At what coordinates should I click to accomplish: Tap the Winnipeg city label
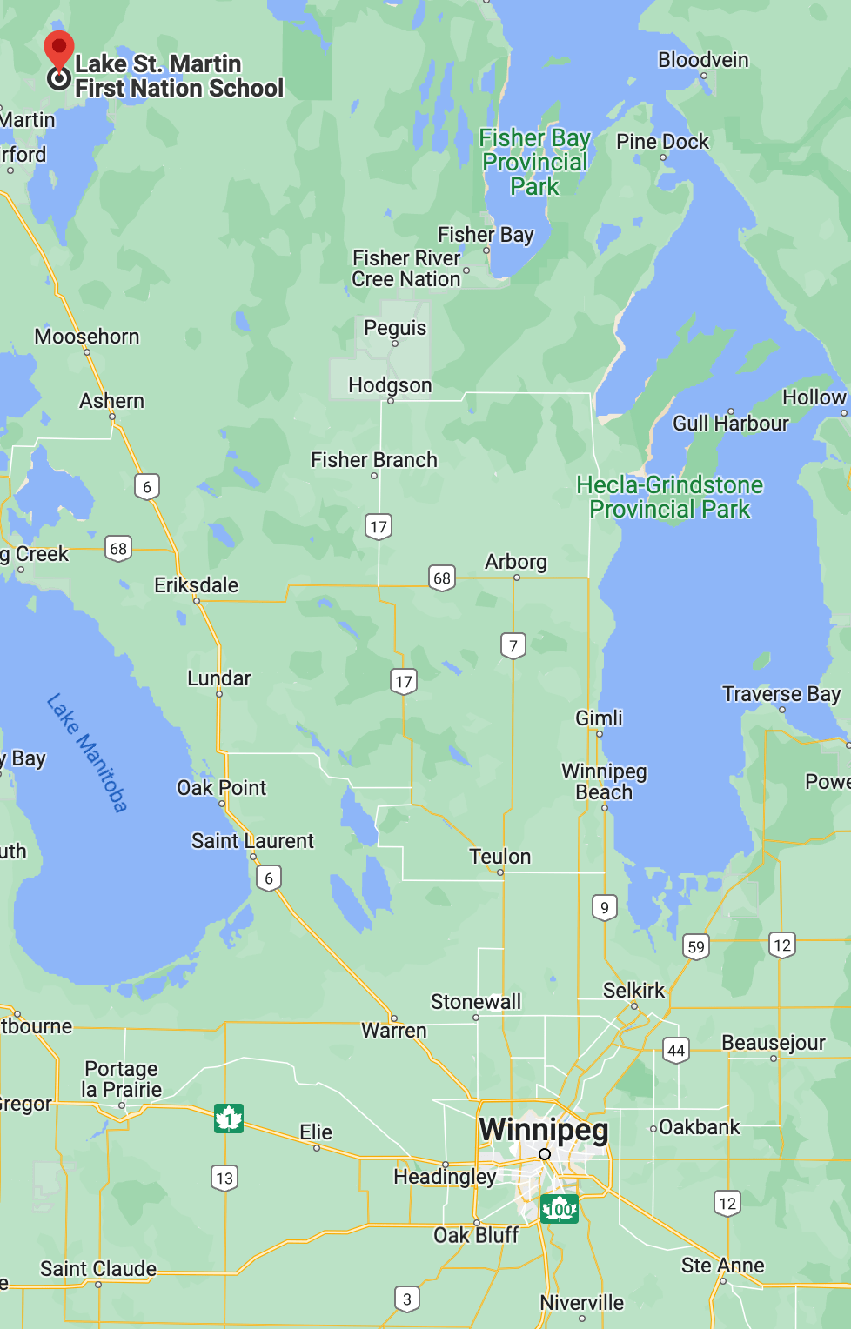click(544, 1129)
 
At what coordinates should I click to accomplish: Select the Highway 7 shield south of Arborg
click(513, 645)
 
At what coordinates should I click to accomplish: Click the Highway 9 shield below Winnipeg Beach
click(605, 908)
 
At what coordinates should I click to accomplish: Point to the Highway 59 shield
click(696, 946)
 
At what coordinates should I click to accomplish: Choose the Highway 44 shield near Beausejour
click(676, 1051)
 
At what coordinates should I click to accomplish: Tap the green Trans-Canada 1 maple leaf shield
click(229, 1118)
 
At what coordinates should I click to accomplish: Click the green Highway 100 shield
click(560, 1208)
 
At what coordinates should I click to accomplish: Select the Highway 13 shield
click(224, 1179)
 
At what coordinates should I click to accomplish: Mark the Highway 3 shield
click(407, 1299)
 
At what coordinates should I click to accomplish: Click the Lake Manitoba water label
click(87, 752)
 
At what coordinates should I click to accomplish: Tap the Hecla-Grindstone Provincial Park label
click(669, 497)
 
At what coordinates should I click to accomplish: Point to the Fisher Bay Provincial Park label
click(534, 162)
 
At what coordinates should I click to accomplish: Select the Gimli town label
click(599, 718)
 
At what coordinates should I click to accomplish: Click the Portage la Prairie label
click(122, 1079)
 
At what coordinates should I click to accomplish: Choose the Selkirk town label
click(633, 990)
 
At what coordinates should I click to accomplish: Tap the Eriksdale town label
click(196, 584)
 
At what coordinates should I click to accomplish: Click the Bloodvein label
click(703, 59)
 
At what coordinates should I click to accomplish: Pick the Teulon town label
click(500, 857)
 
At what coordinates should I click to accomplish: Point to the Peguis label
click(395, 327)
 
